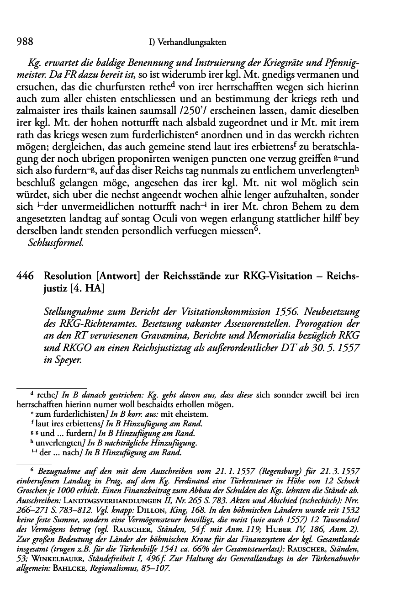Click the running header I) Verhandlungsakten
[x=187, y=42]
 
